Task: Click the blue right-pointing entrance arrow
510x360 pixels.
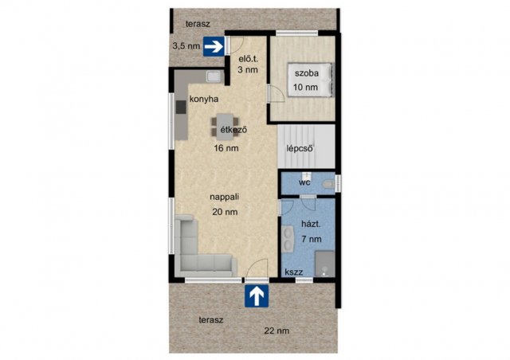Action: [214, 46]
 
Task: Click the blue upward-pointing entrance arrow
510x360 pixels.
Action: [257, 296]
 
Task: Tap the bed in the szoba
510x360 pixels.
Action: [310, 80]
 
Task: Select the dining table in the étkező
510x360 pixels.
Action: [225, 127]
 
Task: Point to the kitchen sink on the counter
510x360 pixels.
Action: [214, 76]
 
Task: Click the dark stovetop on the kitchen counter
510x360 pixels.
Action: [181, 107]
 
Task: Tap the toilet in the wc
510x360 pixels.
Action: [328, 185]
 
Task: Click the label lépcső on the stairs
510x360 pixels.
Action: [300, 148]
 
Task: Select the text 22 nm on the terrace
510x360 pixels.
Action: [277, 331]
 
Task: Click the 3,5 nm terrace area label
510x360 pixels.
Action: [186, 46]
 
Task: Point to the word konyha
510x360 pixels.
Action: [204, 100]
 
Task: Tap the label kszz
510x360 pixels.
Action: [294, 272]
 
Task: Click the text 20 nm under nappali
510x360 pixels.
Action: [225, 212]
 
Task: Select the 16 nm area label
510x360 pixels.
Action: [226, 148]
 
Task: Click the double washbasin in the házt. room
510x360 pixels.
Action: [288, 239]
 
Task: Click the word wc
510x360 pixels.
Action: [304, 182]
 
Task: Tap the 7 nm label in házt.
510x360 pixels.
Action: [312, 240]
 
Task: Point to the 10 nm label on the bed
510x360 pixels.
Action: [305, 87]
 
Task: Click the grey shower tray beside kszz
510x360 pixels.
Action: [325, 264]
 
